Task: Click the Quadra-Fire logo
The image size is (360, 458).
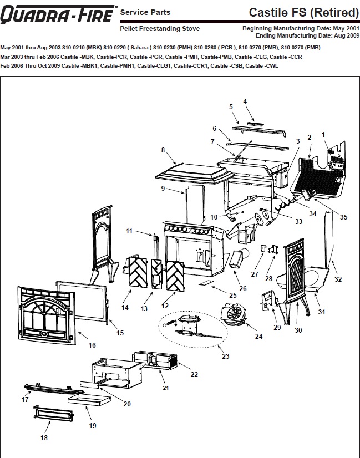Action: click(58, 14)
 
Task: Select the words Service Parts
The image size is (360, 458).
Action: click(145, 12)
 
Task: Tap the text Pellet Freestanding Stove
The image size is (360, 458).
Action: click(160, 28)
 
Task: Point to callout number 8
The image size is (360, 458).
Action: click(163, 150)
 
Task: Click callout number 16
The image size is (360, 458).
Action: click(92, 344)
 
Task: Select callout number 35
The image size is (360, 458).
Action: click(343, 217)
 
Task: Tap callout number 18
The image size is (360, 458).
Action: click(44, 437)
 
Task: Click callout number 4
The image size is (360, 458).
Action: click(245, 101)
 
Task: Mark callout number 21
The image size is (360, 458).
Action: click(165, 388)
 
